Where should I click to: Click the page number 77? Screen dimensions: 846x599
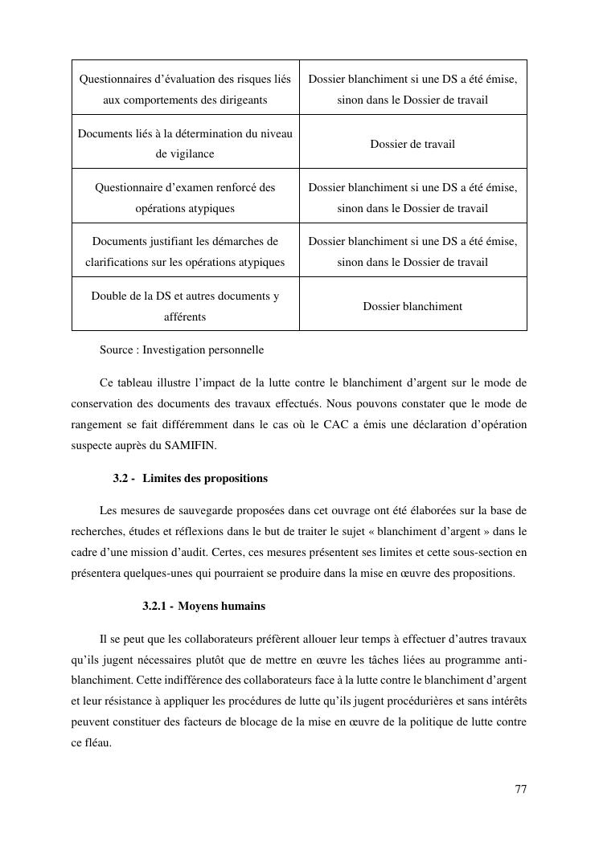520,789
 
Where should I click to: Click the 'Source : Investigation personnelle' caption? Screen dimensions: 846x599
182,350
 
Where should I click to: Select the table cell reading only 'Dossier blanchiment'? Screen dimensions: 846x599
412,306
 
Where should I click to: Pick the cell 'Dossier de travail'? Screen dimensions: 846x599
412,144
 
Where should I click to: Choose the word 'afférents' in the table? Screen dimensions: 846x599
185,317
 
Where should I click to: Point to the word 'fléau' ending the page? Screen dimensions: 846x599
96,743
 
